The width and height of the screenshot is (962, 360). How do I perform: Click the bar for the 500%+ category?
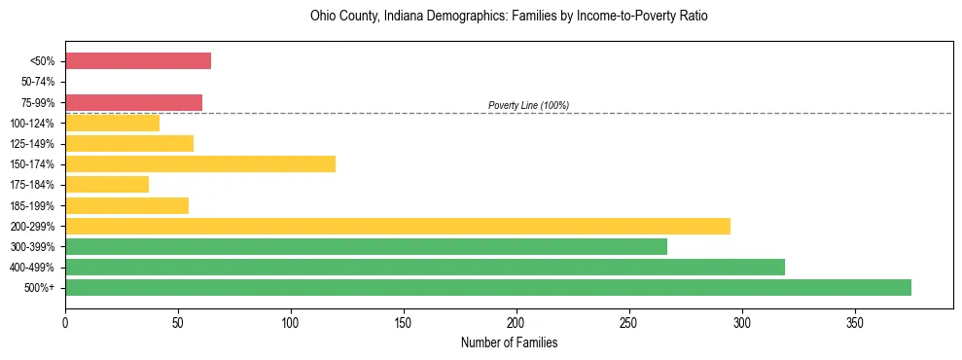(x=488, y=287)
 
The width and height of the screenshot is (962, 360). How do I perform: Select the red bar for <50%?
(x=138, y=61)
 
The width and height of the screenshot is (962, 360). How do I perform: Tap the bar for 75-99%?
(x=133, y=102)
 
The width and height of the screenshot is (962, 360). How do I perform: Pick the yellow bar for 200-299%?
(x=398, y=226)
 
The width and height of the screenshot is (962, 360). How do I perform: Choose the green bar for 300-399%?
(x=367, y=246)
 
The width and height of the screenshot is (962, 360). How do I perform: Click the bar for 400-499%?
(x=425, y=267)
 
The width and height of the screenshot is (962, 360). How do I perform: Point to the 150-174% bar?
(x=200, y=163)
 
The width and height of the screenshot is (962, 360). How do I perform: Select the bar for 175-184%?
(x=107, y=184)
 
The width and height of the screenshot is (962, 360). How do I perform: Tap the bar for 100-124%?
(x=112, y=123)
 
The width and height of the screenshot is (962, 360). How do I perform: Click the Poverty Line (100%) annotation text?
(x=528, y=105)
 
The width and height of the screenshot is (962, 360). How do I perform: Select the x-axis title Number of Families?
(x=509, y=342)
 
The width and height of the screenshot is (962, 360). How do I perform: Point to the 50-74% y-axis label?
(x=39, y=82)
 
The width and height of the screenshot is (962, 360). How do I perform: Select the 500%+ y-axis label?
(x=41, y=288)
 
